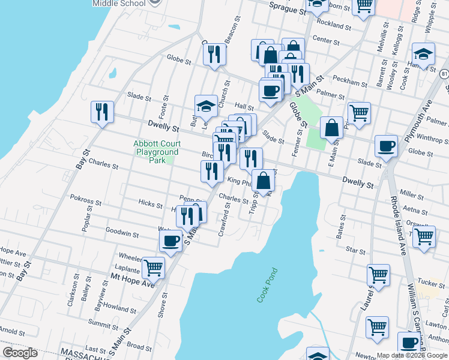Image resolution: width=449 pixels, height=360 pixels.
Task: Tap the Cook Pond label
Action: [265, 284]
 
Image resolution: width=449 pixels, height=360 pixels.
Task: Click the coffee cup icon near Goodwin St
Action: [171, 241]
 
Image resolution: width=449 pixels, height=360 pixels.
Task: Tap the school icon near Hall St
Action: [205, 106]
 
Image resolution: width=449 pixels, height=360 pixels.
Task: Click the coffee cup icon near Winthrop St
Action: [385, 146]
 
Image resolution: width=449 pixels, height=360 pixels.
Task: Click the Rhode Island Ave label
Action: [399, 225]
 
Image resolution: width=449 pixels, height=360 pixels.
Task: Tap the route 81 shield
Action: [444, 74]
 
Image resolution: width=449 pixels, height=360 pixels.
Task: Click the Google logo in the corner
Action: [19, 353]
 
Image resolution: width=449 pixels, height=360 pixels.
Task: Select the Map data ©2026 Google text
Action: [411, 355]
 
